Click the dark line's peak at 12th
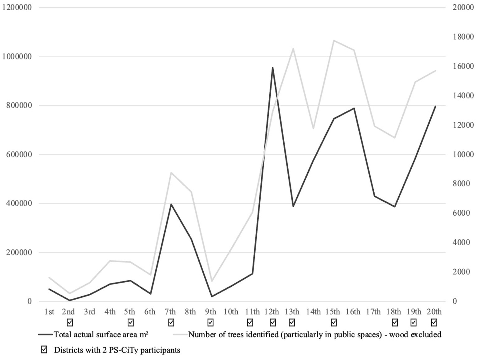pyautogui.click(x=272, y=68)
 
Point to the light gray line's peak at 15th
pyautogui.click(x=334, y=40)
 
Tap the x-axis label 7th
pyautogui.click(x=170, y=311)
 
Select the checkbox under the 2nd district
pyautogui.click(x=69, y=322)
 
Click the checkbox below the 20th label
pyautogui.click(x=434, y=322)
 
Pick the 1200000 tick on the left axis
pyautogui.click(x=17, y=7)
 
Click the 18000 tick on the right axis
pyautogui.click(x=463, y=37)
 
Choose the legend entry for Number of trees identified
pyautogui.click(x=315, y=334)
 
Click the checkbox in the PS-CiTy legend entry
pyautogui.click(x=44, y=350)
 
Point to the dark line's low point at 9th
pyautogui.click(x=212, y=296)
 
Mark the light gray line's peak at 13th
pyautogui.click(x=293, y=49)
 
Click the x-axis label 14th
pyautogui.click(x=313, y=311)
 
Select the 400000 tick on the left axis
pyautogui.click(x=19, y=203)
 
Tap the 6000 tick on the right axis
pyautogui.click(x=461, y=213)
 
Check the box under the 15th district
pyautogui.click(x=334, y=322)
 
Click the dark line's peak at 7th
pyautogui.click(x=171, y=204)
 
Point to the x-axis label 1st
pyautogui.click(x=49, y=311)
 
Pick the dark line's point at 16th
pyautogui.click(x=354, y=108)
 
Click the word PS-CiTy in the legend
pyautogui.click(x=123, y=350)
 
